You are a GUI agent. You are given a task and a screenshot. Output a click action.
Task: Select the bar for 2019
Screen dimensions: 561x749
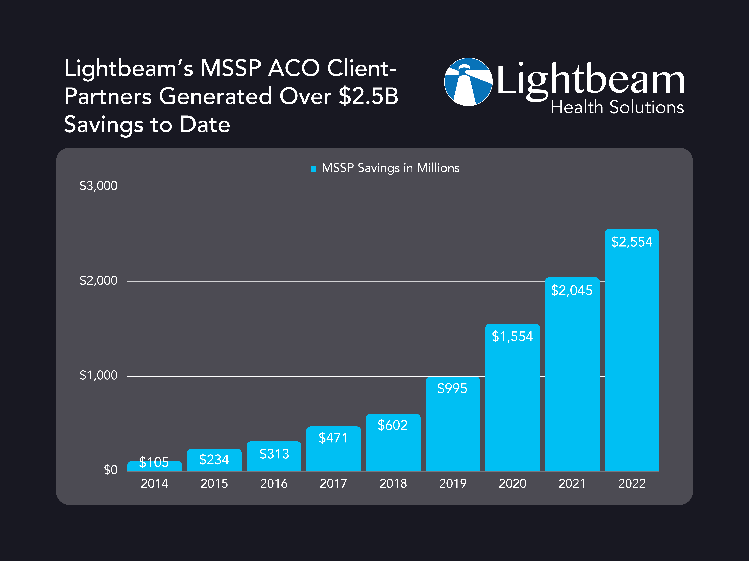[x=453, y=429]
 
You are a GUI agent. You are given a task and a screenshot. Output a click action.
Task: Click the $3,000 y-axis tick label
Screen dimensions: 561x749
[x=98, y=186]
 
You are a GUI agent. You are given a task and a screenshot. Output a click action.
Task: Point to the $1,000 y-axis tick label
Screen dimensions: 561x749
[x=98, y=375]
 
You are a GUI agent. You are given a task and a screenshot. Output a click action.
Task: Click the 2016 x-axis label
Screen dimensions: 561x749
[x=274, y=484]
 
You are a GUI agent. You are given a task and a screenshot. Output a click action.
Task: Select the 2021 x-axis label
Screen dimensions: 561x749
[x=572, y=484]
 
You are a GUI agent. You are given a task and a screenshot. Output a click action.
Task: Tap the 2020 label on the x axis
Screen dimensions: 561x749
[x=512, y=484]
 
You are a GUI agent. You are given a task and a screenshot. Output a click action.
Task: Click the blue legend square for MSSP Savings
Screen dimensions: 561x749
[x=314, y=169]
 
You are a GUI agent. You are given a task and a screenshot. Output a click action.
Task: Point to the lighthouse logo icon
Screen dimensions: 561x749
[x=468, y=82]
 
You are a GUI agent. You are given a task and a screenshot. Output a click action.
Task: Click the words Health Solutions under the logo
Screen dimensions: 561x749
[x=617, y=108]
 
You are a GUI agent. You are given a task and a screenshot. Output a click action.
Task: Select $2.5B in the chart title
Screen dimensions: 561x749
[x=368, y=96]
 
